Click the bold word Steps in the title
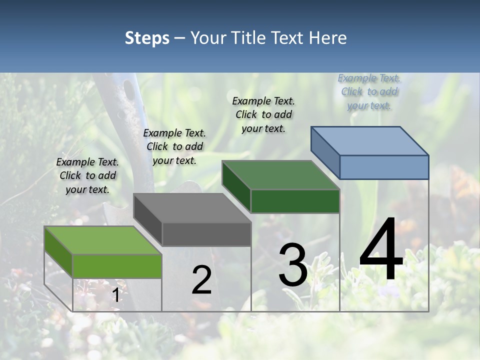147,38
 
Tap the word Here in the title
328,38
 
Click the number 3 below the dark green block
292,265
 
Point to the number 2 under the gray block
201,280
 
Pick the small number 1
115,295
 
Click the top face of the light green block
102,240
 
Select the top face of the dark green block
280,175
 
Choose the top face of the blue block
369,140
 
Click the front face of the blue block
384,167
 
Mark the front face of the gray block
206,234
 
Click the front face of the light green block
117,266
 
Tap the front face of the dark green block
295,201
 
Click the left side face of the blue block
325,153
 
